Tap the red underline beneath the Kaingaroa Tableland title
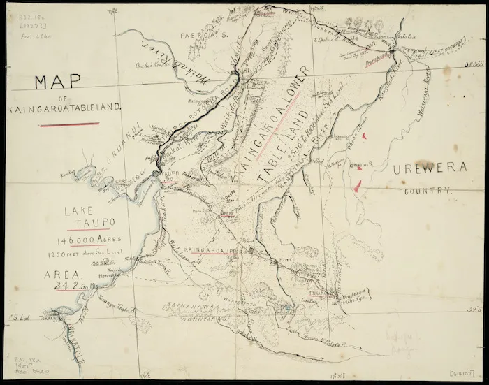69,125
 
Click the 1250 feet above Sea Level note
88,254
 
